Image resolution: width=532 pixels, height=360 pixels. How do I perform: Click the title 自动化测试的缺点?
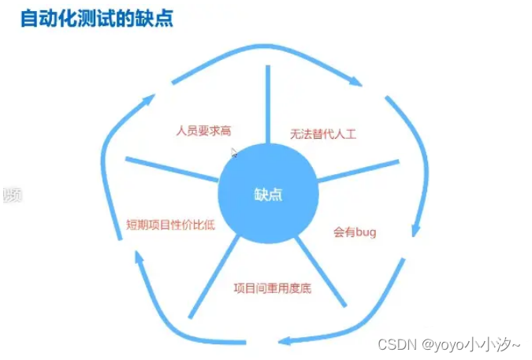(x=96, y=17)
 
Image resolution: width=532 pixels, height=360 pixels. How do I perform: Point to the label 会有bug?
(x=355, y=232)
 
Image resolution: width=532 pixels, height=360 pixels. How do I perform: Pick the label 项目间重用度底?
(x=273, y=288)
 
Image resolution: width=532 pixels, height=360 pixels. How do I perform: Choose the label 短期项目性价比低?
(x=171, y=225)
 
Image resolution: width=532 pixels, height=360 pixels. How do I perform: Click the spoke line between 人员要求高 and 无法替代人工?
(x=268, y=102)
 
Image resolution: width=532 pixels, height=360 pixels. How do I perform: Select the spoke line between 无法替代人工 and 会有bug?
(x=359, y=170)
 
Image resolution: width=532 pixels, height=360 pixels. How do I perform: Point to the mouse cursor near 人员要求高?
(x=234, y=154)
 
